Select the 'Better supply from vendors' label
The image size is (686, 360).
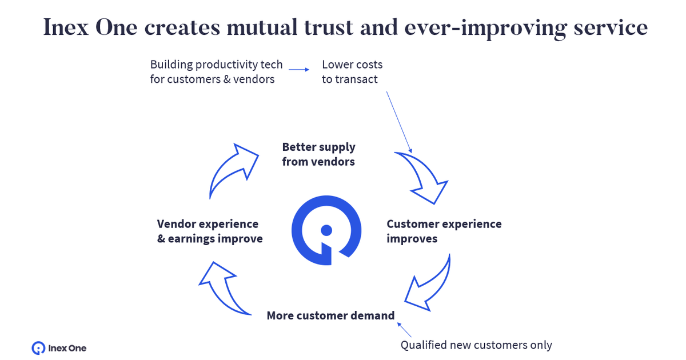[x=318, y=154]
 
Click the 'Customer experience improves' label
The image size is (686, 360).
[x=444, y=231]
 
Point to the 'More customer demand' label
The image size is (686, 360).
[x=330, y=315]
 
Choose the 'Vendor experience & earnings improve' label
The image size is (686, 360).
[x=209, y=231]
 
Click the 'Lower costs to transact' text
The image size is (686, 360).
[x=352, y=72]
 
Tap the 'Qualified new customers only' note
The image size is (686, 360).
[x=476, y=345]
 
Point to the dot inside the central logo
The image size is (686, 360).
[x=326, y=230]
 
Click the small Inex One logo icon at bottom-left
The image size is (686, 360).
[x=38, y=347]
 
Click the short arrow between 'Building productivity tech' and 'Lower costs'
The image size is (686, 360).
[x=298, y=70]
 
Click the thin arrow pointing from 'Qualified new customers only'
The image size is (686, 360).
[x=404, y=330]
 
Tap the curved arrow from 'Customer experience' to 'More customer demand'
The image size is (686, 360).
[x=430, y=283]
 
